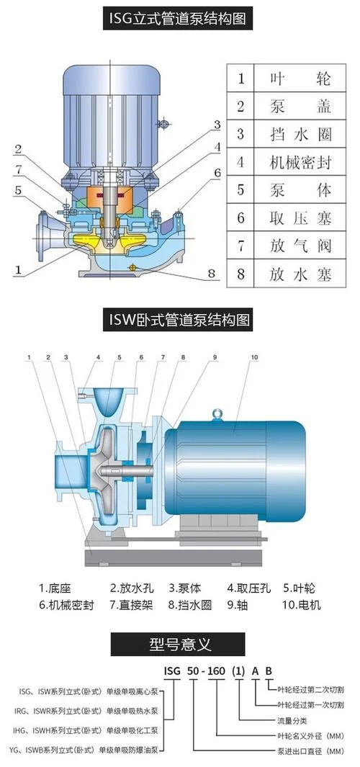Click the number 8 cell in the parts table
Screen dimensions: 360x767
[x=240, y=274]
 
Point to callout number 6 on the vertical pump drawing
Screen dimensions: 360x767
[x=217, y=172]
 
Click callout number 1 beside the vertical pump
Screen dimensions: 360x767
[x=19, y=269]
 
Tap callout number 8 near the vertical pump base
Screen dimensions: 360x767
[x=211, y=273]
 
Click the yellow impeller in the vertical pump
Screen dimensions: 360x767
[x=110, y=240]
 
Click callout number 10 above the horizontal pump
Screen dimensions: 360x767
[x=253, y=357]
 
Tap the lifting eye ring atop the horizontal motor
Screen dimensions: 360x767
[x=217, y=414]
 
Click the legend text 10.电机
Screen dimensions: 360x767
[x=301, y=605]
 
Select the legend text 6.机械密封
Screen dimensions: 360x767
[x=66, y=605]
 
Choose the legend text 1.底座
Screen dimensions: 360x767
[x=55, y=588]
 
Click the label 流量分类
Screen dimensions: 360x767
[x=292, y=720]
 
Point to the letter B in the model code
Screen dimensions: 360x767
[x=269, y=670]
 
